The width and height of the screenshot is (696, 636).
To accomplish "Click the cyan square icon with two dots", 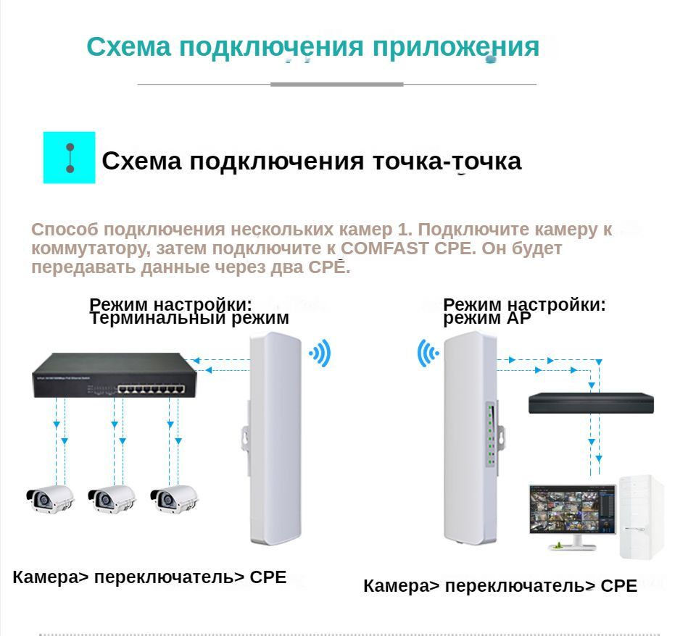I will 70,157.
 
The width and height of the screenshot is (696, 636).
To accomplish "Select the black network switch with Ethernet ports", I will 114,375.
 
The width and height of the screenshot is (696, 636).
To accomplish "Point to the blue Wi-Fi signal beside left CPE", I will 320,353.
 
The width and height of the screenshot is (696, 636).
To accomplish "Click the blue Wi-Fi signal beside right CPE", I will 428,353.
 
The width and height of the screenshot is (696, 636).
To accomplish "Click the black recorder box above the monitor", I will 591,403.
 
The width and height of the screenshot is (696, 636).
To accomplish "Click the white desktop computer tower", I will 642,516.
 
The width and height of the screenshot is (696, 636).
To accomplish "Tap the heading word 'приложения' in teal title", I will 456,47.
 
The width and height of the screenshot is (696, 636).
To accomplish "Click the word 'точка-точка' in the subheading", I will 447,161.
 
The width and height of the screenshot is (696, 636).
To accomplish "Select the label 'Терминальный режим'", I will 189,318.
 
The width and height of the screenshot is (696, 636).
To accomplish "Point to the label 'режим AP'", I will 486,318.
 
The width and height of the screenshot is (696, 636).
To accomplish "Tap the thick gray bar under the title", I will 336,85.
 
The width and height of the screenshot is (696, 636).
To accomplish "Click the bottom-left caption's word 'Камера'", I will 44,577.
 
